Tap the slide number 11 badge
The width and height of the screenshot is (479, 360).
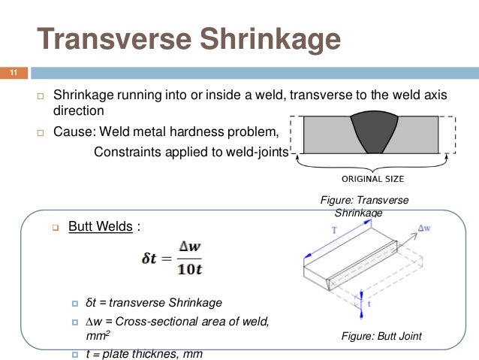13,73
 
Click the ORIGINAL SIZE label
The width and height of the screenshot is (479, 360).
373,179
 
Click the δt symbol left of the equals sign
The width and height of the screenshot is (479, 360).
148,259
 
